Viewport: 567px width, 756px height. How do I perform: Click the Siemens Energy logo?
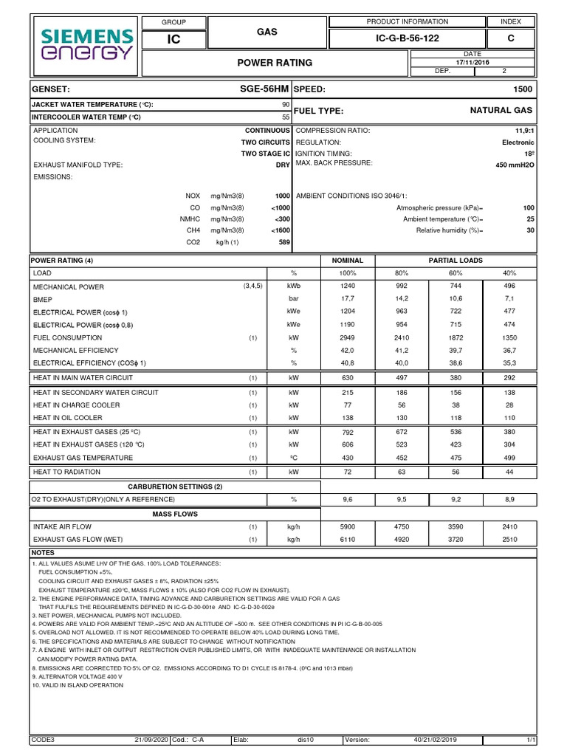88,44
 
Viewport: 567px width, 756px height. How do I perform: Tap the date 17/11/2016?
472,62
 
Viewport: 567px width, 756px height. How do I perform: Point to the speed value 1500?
523,89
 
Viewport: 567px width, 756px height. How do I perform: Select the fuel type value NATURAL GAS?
501,110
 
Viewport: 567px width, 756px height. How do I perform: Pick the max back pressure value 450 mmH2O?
515,165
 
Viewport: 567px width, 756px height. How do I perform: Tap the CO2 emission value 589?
283,242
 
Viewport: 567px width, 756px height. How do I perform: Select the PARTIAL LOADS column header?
456,261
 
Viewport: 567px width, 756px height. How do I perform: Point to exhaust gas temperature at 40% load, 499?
509,458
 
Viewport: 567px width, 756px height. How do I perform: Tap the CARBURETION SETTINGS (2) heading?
175,487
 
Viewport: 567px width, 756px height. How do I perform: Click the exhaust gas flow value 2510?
509,540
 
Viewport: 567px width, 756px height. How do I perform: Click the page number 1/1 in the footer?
531,739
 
